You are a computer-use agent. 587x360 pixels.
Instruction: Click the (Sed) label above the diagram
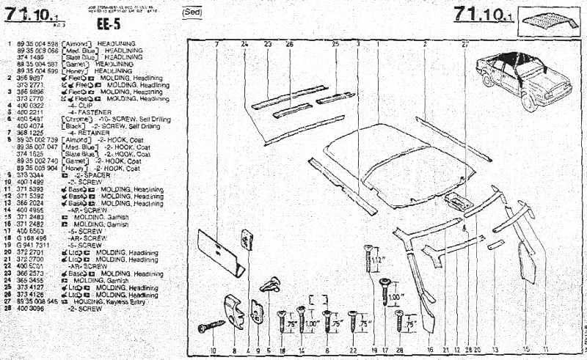coord(192,12)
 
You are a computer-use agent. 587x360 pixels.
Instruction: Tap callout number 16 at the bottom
coord(430,350)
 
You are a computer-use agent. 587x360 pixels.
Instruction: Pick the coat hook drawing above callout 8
coord(235,312)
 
